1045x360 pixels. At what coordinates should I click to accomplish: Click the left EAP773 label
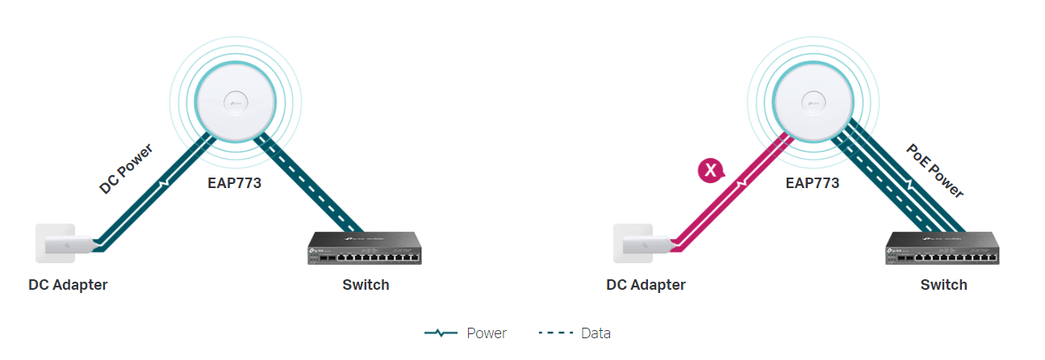[x=235, y=183]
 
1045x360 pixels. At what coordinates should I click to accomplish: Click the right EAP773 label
[x=813, y=183]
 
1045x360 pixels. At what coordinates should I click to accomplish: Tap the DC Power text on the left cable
[x=126, y=169]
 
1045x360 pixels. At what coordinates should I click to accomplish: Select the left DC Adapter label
[x=68, y=284]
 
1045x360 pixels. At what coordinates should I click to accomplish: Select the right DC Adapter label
[x=646, y=284]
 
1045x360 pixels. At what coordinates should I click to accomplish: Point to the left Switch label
[x=366, y=284]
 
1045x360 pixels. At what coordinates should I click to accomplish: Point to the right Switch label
[x=943, y=284]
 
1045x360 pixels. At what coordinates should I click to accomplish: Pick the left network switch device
[x=365, y=248]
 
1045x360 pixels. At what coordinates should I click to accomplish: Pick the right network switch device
[x=943, y=248]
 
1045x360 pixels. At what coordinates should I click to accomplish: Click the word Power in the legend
[x=487, y=333]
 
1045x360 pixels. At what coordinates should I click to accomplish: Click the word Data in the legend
[x=596, y=333]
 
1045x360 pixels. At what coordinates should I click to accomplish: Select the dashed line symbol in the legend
[x=554, y=333]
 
